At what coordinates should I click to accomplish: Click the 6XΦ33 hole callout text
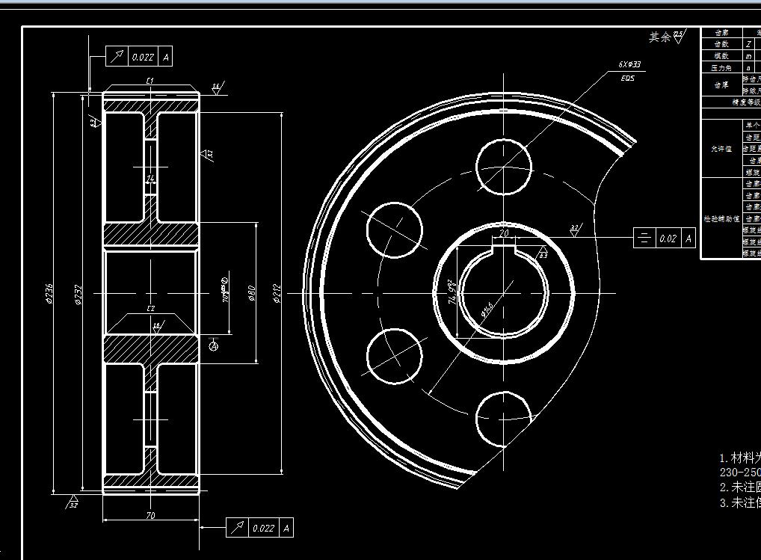coord(629,65)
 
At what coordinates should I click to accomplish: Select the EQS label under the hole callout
coord(628,78)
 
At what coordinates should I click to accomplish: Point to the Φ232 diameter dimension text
coord(78,294)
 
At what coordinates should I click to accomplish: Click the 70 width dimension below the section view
coord(150,515)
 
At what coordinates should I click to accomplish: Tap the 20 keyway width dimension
coord(504,233)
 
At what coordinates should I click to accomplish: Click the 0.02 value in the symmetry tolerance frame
coord(668,239)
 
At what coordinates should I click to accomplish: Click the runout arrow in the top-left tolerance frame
coord(117,57)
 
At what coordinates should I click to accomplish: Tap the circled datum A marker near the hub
coord(214,345)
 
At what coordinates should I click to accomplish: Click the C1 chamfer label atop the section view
coord(150,80)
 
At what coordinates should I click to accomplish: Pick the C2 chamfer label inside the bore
coord(150,309)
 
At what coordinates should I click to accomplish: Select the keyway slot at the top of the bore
coord(504,246)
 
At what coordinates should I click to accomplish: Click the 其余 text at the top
coord(659,37)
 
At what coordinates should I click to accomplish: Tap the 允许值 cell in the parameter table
coord(720,148)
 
